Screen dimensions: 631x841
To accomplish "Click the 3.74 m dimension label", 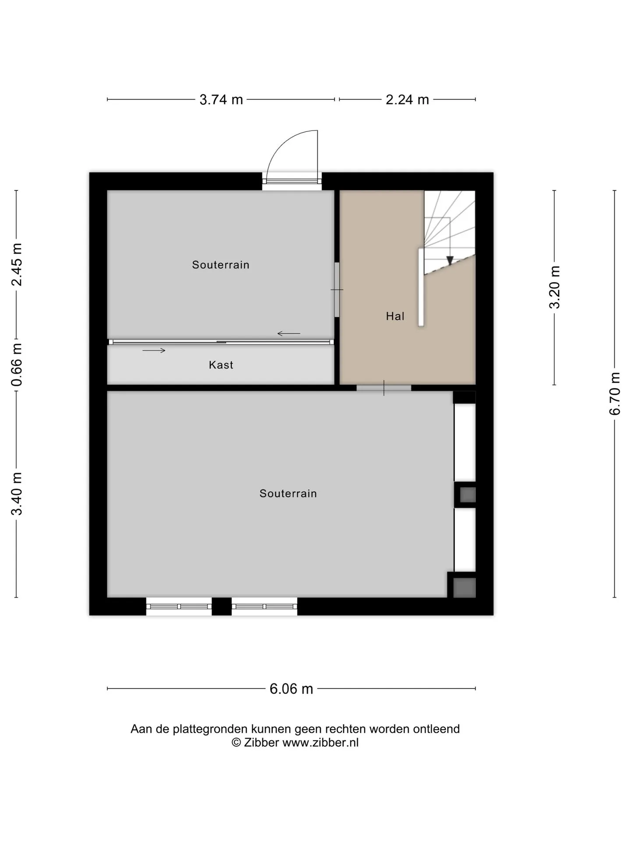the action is [221, 100].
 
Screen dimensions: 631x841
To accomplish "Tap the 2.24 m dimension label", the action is [407, 100].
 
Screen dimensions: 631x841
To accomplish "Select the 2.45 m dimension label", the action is [17, 265].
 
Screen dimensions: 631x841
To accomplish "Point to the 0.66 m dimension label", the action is [17, 365].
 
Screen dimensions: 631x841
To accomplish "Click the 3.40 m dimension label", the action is [17, 494].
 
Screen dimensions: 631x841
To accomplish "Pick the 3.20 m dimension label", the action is [555, 287].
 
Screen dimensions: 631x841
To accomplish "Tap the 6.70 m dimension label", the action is [615, 393].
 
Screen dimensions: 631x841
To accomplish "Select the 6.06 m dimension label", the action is [291, 689].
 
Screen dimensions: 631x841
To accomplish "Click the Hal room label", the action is [395, 316].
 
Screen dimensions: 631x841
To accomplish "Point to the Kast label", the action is [221, 365].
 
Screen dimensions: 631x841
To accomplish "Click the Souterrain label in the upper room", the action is [220, 265].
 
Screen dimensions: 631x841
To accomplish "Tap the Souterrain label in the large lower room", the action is [288, 494].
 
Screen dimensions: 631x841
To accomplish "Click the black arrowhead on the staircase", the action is [450, 261].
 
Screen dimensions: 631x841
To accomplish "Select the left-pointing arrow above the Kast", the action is [289, 334].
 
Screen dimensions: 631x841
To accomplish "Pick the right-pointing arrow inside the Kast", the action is [154, 350].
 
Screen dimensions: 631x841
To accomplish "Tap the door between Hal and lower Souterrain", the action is [384, 388].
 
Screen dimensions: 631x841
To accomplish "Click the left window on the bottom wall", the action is [179, 607].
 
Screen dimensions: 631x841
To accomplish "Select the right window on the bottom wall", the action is [264, 607].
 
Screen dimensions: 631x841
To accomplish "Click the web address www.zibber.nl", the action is [320, 742].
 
